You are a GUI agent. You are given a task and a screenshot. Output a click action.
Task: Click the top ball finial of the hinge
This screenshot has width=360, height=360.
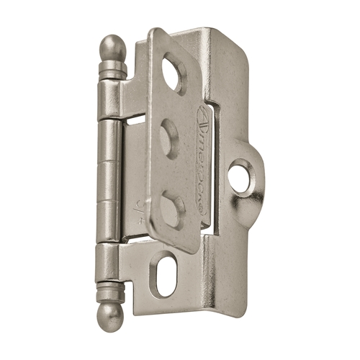pyautogui.click(x=111, y=48)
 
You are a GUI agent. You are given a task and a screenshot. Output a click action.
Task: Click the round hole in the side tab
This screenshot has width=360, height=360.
pyautogui.click(x=239, y=176)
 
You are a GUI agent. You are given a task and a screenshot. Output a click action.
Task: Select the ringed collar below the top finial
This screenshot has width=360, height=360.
pyautogui.click(x=112, y=69)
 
